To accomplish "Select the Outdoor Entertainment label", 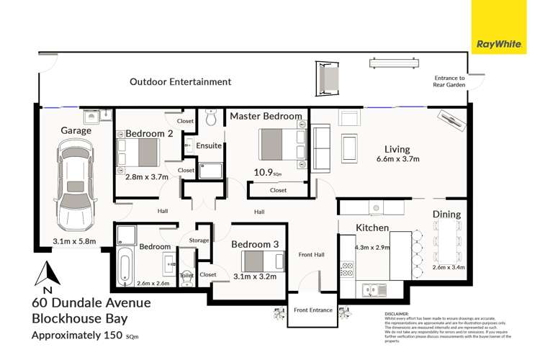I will tap(180, 82).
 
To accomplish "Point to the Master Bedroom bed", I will tap(280, 145).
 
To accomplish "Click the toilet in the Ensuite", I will tap(211, 117).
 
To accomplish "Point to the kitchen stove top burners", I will tap(346, 270).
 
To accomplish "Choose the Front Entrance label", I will tap(313, 310).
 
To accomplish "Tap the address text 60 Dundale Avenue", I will tap(90, 303).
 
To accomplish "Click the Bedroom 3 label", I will tap(255, 244).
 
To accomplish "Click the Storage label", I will tap(199, 240).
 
